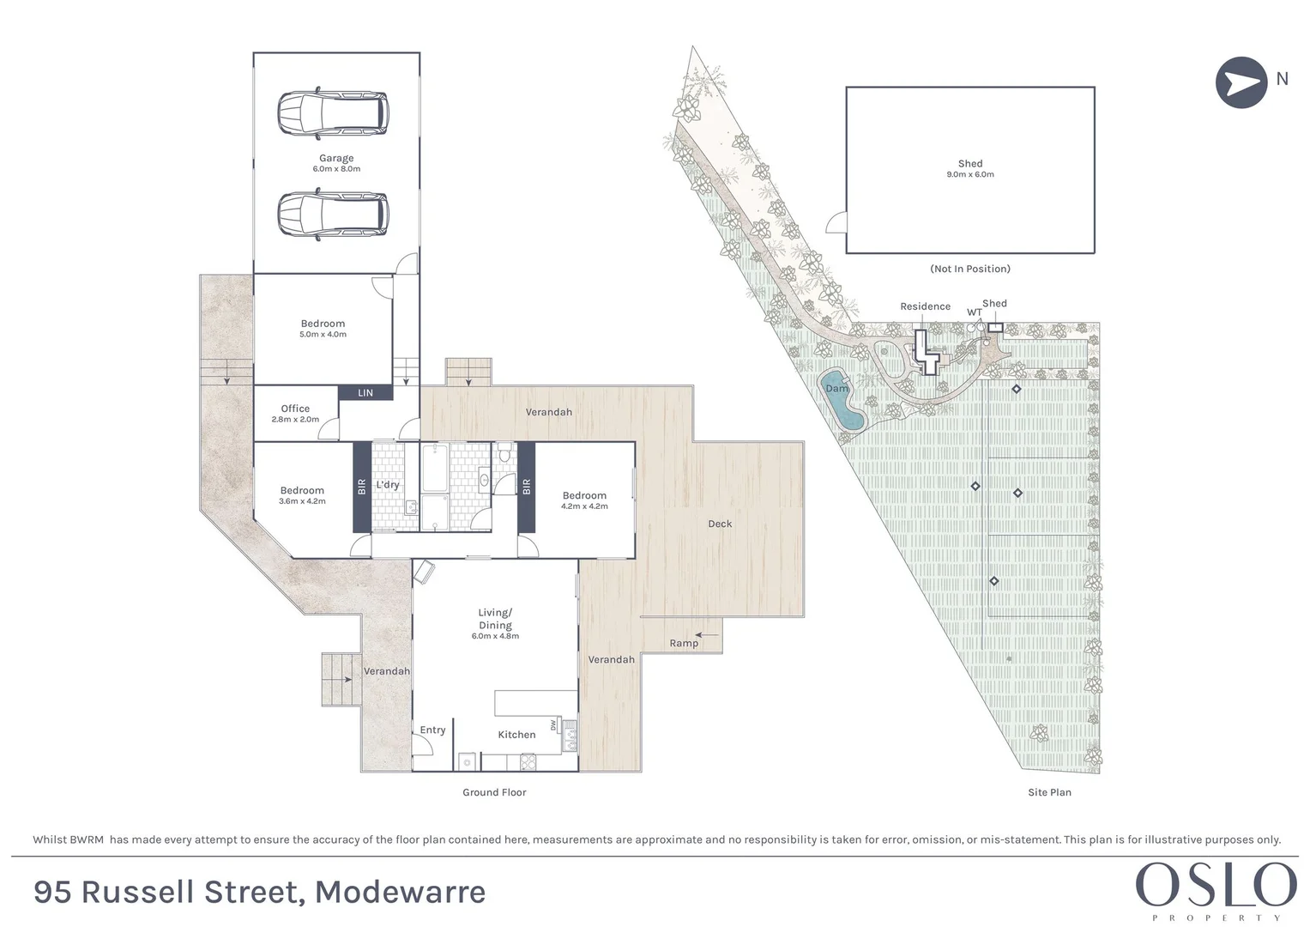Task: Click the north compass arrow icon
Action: [1241, 82]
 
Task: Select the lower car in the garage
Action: [332, 214]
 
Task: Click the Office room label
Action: [295, 409]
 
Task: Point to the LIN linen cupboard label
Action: [365, 393]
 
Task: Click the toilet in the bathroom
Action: [504, 451]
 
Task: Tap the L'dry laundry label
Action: [388, 485]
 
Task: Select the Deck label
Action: [720, 524]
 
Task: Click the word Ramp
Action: [684, 643]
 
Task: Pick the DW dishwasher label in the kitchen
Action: [554, 725]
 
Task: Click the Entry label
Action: [432, 730]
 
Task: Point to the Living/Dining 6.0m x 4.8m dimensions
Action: [495, 636]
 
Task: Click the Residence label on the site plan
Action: [925, 306]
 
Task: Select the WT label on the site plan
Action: [975, 312]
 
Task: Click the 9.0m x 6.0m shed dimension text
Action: [970, 175]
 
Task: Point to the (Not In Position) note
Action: [970, 269]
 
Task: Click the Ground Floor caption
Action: [494, 792]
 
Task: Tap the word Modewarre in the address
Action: [400, 893]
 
